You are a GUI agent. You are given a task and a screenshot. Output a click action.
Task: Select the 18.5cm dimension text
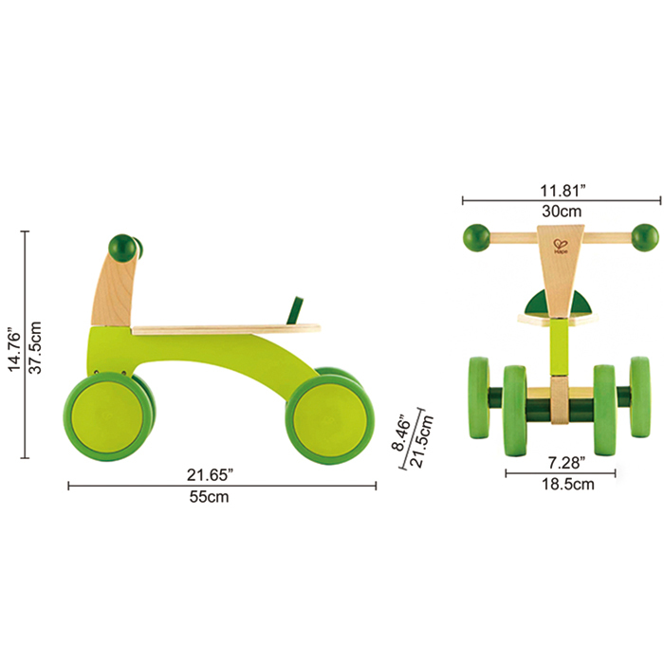(x=561, y=484)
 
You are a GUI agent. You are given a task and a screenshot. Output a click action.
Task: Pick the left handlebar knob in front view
(x=476, y=237)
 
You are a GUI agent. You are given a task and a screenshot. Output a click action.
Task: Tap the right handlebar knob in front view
(x=645, y=237)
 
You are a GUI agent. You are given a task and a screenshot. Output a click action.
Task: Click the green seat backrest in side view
(x=297, y=308)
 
